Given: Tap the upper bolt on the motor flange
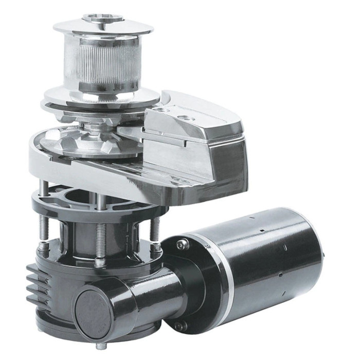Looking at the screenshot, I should pos(181,245).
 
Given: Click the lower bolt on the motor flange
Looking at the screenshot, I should pos(179,326).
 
